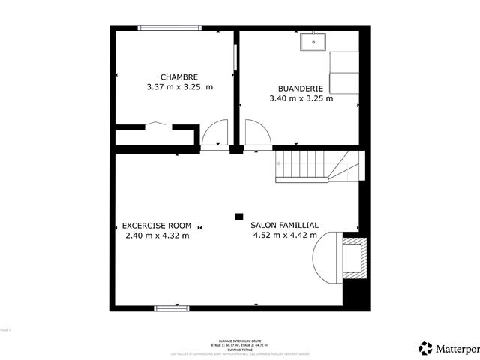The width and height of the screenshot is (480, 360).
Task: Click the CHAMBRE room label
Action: pos(179,76)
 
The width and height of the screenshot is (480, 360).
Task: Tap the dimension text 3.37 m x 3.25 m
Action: pos(179,87)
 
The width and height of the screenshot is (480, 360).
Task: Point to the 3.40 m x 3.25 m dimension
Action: pos(301,97)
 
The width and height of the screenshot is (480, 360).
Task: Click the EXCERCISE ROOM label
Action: pos(157,225)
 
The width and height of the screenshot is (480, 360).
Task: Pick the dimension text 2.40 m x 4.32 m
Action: pos(157,235)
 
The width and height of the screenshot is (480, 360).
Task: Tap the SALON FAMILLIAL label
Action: pos(284,225)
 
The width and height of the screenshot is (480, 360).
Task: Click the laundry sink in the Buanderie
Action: pos(313,42)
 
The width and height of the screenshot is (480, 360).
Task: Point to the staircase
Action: pos(319,166)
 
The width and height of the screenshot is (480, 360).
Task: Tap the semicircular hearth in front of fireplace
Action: pos(327,257)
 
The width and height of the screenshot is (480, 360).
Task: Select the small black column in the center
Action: pos(238,216)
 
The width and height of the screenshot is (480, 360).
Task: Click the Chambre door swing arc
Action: pos(214,134)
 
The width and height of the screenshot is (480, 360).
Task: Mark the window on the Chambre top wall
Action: pos(169,28)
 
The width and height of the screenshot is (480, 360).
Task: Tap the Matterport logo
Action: pos(448,348)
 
